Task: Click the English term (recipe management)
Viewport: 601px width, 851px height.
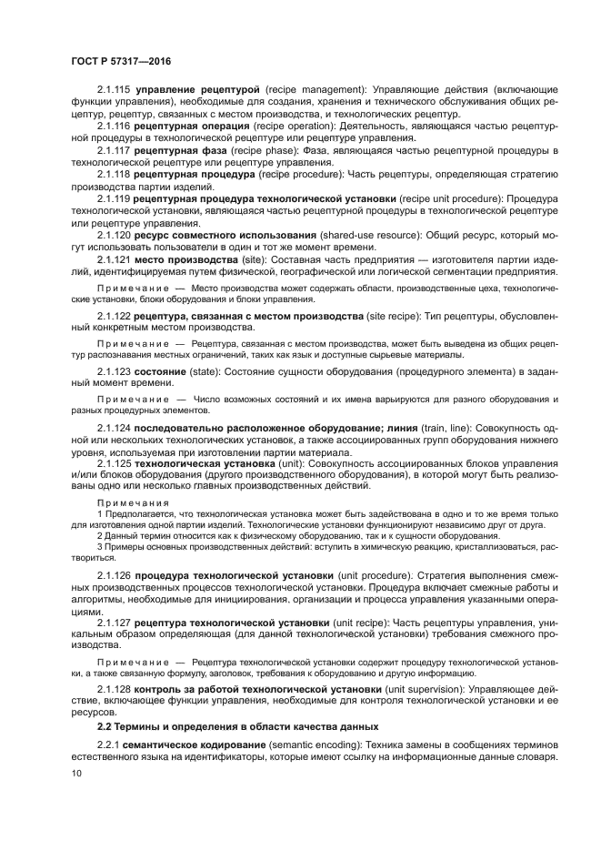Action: [x=310, y=92]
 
